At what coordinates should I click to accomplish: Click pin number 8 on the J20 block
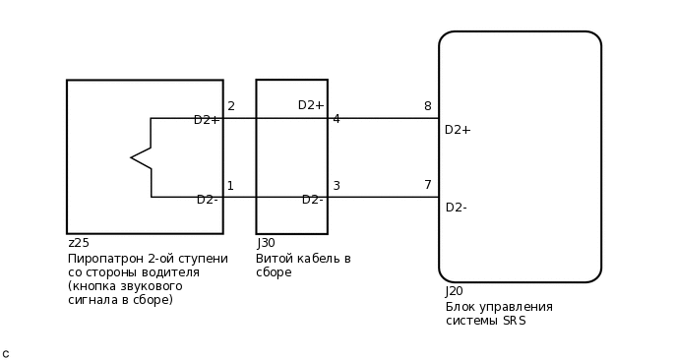point(427,106)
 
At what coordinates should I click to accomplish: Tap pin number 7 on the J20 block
point(428,185)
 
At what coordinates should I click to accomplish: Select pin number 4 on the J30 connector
point(336,119)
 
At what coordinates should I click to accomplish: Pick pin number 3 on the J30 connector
point(336,186)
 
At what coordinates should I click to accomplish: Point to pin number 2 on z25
point(231,106)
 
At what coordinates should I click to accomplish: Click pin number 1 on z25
point(230,186)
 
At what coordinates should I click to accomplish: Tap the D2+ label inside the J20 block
point(458,130)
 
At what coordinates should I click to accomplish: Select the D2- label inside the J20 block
point(456,208)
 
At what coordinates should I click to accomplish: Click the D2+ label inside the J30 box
point(311,105)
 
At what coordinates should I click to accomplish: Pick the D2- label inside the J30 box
point(312,200)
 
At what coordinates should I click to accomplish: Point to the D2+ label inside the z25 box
point(207,120)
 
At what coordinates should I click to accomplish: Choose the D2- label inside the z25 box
point(207,200)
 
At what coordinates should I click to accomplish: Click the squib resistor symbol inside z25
point(142,157)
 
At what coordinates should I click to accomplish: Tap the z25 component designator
point(78,243)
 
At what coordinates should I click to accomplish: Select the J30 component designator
point(266,243)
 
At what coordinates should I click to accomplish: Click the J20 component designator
point(454,291)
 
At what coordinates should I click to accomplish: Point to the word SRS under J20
point(514,321)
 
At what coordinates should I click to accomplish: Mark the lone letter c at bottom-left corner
point(6,353)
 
